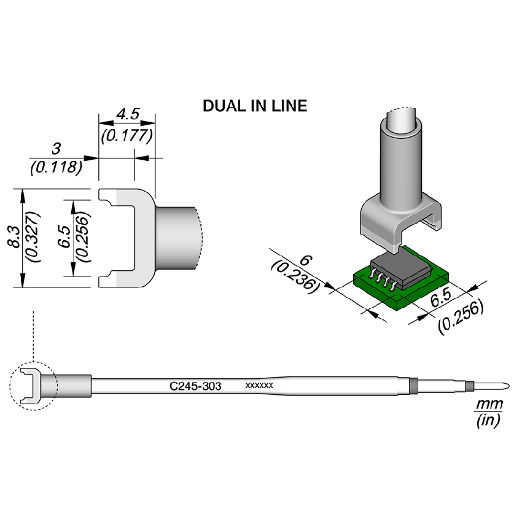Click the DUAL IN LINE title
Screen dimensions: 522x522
click(255, 106)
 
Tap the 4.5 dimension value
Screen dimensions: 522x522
click(127, 114)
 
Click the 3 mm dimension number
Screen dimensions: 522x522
click(56, 149)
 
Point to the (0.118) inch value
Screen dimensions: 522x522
click(56, 166)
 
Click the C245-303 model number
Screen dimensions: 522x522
click(195, 386)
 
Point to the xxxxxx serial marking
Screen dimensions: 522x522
click(259, 386)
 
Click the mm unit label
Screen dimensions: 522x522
click(489, 405)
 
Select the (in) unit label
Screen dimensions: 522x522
click(489, 421)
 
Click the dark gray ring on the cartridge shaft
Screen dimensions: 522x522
click(413, 386)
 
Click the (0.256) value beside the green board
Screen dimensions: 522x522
click(461, 316)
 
